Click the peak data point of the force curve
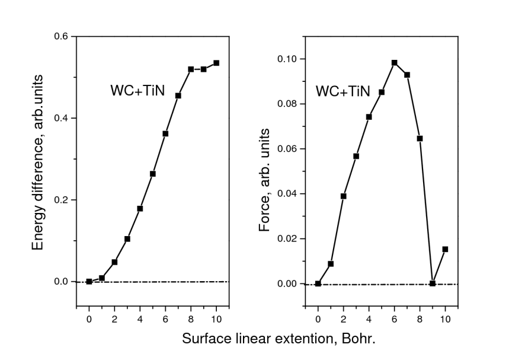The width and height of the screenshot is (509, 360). pyautogui.click(x=394, y=62)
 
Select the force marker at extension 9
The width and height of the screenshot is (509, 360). pyautogui.click(x=433, y=283)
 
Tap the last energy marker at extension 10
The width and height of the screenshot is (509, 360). pyautogui.click(x=216, y=63)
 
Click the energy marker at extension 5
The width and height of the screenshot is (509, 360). pyautogui.click(x=153, y=174)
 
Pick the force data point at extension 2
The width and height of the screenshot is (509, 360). pyautogui.click(x=344, y=196)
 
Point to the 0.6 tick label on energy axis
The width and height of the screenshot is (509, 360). pyautogui.click(x=62, y=37)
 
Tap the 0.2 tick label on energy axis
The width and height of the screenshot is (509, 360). pyautogui.click(x=62, y=200)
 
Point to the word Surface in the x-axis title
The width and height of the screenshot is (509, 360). pyautogui.click(x=202, y=340)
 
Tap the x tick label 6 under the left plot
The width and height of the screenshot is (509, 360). pyautogui.click(x=165, y=318)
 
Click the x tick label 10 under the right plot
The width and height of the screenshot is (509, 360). pyautogui.click(x=445, y=318)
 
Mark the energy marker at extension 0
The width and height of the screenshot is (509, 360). pyautogui.click(x=89, y=281)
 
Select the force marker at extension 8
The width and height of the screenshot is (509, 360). pyautogui.click(x=420, y=138)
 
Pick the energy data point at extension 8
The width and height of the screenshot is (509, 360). pyautogui.click(x=191, y=69)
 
